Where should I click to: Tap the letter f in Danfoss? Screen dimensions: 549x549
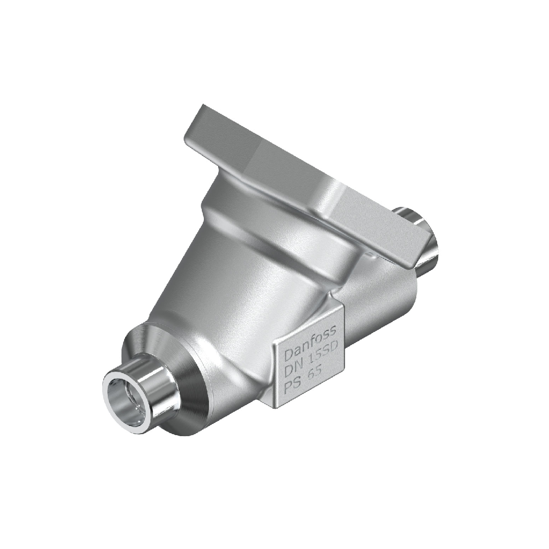[313, 343]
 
